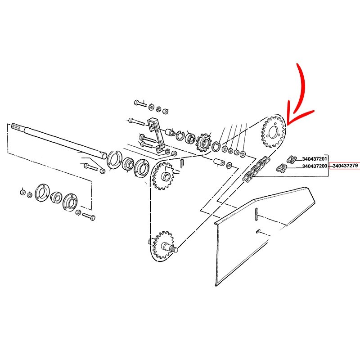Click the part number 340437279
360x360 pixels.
click(345, 166)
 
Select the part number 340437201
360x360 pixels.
click(315, 159)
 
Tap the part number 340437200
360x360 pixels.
click(315, 166)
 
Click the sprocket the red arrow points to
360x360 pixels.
click(273, 131)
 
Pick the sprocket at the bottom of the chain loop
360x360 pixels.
click(163, 245)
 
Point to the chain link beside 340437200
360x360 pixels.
click(282, 168)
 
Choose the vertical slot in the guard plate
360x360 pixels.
click(256, 214)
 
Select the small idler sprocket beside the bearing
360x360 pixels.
click(203, 143)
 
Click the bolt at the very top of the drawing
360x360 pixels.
click(140, 103)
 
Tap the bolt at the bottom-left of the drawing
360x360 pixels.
click(89, 216)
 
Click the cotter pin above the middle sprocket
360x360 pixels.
click(182, 163)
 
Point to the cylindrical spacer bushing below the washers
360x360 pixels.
click(219, 162)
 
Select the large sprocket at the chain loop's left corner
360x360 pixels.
click(164, 176)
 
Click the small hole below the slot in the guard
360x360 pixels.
click(258, 231)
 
